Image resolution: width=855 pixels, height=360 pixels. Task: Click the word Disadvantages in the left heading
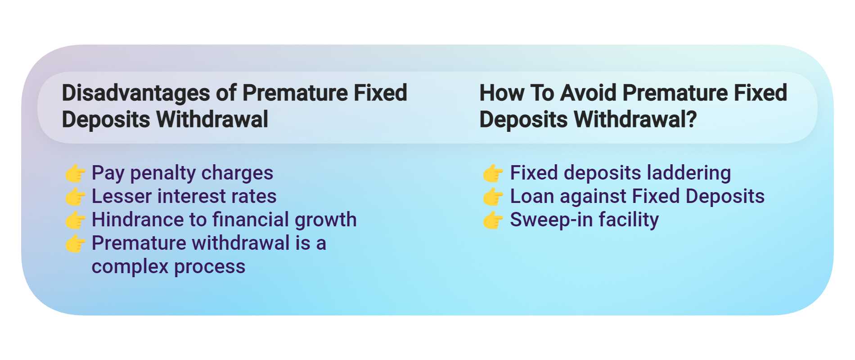pos(135,93)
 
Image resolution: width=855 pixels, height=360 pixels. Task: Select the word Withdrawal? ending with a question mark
pos(635,120)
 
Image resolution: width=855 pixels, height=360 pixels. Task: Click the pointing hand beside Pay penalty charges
pos(75,173)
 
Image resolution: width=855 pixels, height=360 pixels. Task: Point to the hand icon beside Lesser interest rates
pos(75,197)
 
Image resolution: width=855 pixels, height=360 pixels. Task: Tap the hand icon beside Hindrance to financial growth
pos(75,220)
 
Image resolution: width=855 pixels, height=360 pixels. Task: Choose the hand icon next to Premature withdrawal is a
pos(75,243)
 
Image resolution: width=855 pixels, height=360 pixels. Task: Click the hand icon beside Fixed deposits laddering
pos(493,173)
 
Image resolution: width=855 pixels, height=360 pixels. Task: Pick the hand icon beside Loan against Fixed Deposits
pos(493,197)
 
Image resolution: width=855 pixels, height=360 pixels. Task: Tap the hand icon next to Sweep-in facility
pos(493,220)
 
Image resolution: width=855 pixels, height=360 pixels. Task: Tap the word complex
pos(130,267)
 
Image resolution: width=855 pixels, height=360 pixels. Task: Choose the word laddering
pos(688,173)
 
